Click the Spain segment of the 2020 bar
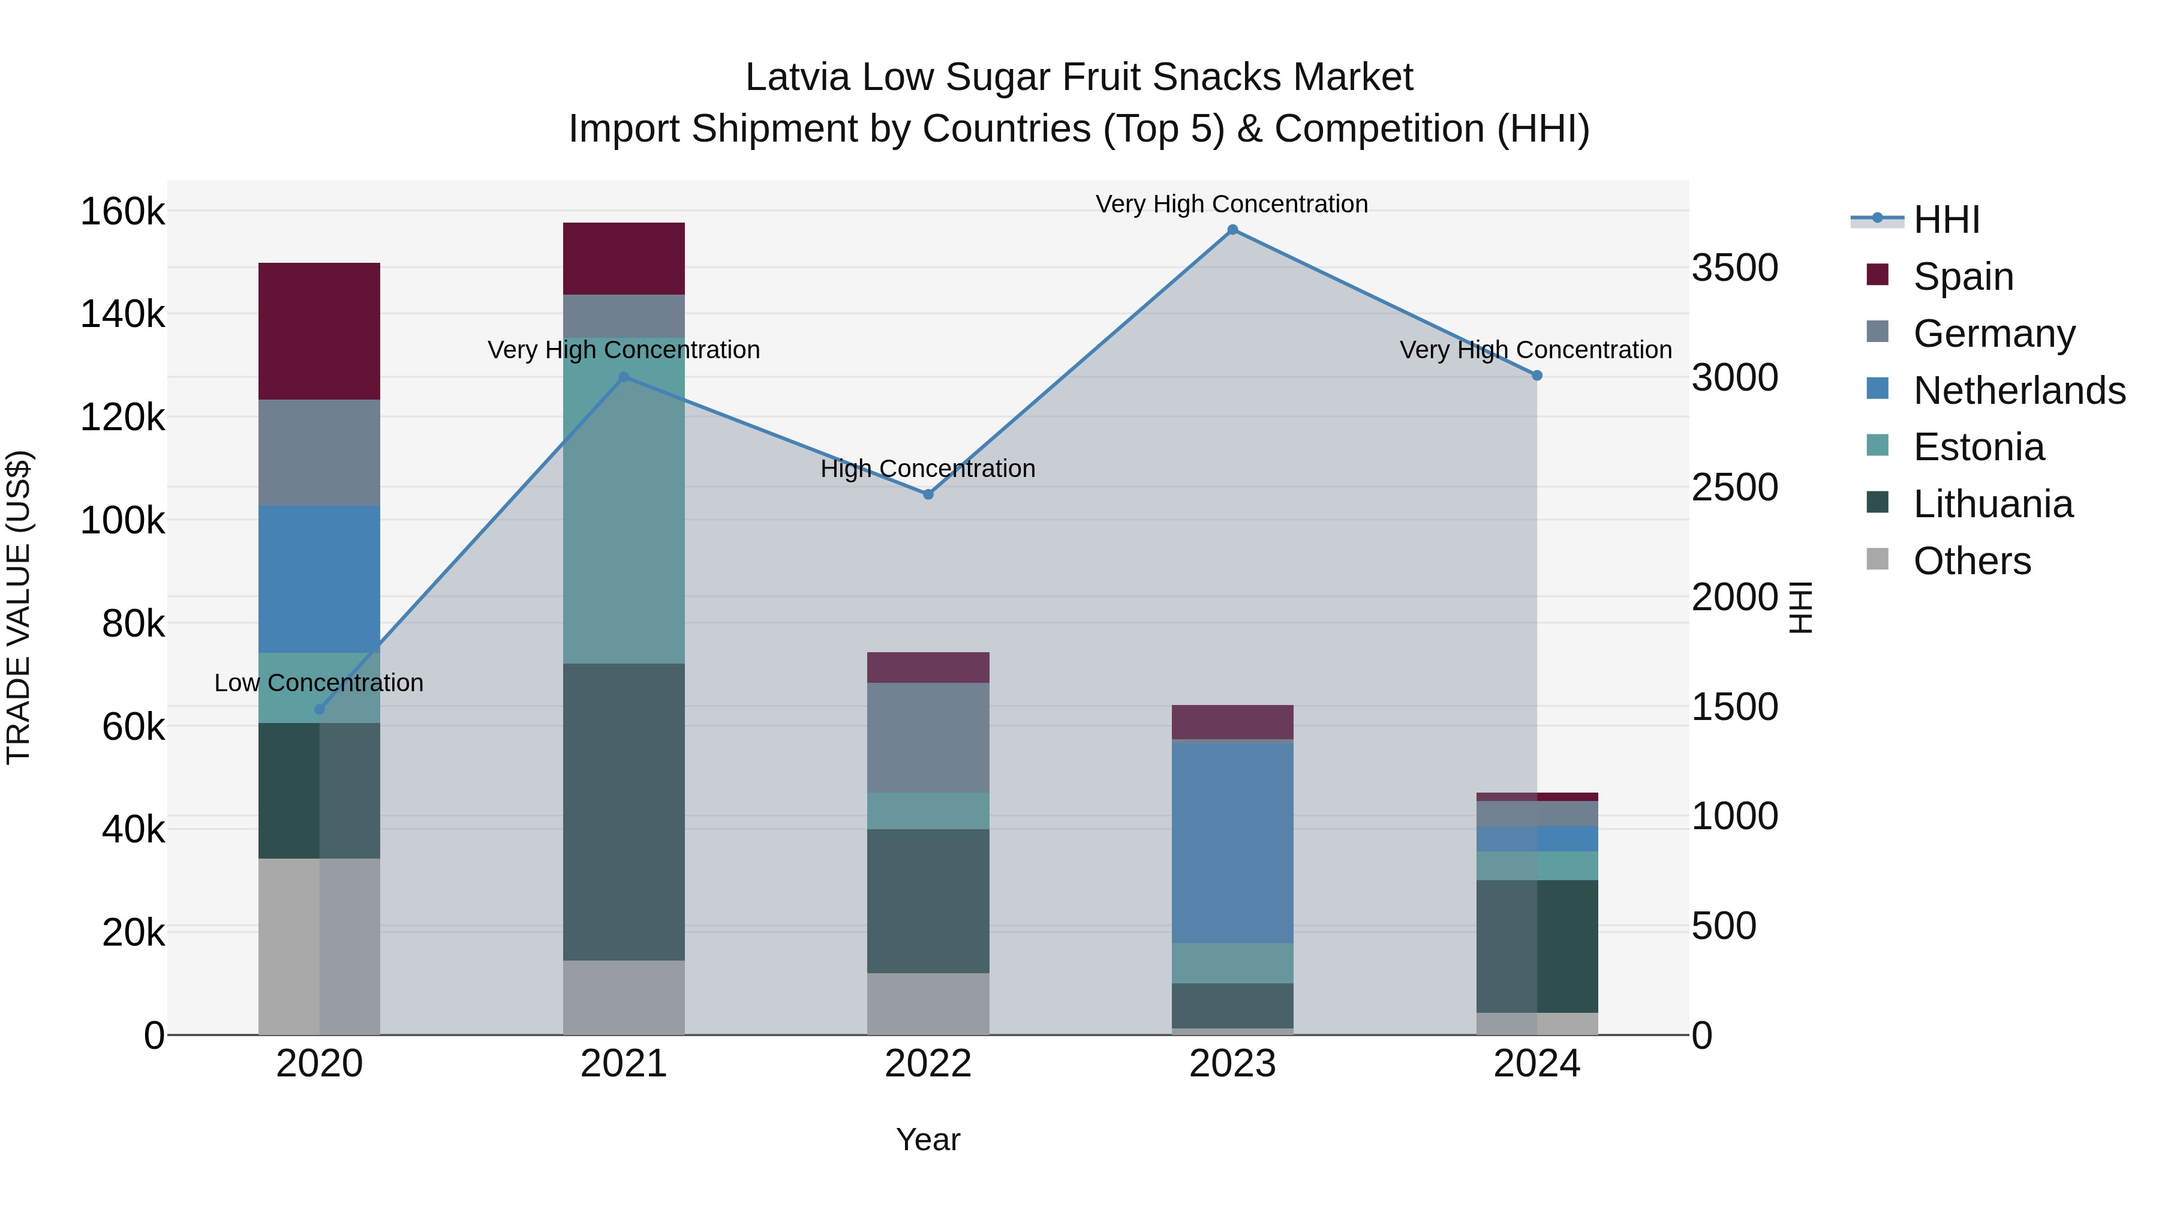(318, 331)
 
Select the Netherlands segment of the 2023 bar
(1232, 843)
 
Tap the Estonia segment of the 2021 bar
(624, 500)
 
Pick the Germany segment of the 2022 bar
(928, 738)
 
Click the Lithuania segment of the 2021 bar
(624, 812)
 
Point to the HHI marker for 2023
(1232, 230)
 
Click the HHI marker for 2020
(319, 709)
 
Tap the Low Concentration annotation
(318, 683)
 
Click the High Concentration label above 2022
(928, 469)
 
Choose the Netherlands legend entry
(2018, 391)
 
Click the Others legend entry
(1971, 561)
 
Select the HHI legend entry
(1946, 220)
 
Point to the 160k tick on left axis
(122, 211)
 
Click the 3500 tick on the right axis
(1734, 268)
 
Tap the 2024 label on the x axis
(1536, 1064)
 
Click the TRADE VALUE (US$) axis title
(19, 607)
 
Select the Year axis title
(928, 1139)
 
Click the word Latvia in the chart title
(797, 77)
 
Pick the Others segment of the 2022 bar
(928, 1004)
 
